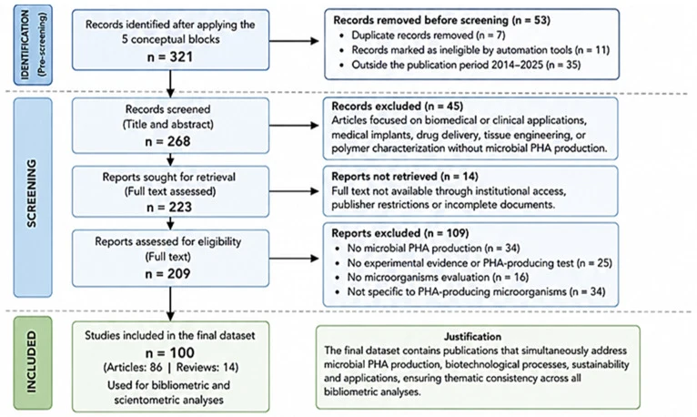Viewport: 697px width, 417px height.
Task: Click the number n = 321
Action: [x=170, y=56]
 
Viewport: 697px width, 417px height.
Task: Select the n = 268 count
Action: [x=168, y=141]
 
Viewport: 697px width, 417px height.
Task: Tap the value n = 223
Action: [x=169, y=208]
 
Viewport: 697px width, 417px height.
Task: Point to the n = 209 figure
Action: [x=168, y=273]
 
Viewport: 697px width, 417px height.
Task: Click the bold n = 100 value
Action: [x=170, y=352]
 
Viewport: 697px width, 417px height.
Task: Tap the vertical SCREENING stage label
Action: [x=31, y=193]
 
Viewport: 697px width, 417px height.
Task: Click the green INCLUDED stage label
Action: [x=31, y=361]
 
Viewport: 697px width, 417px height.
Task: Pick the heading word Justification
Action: [x=472, y=337]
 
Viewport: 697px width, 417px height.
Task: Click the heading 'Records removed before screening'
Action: [x=420, y=20]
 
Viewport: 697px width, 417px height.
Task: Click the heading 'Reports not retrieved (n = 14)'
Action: [x=405, y=177]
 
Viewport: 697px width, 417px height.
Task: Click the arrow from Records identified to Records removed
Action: [x=294, y=41]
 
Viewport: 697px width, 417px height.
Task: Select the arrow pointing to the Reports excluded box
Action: [x=294, y=259]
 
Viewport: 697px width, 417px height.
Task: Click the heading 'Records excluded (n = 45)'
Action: [x=398, y=107]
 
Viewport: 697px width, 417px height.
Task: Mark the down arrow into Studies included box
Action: [x=170, y=303]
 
